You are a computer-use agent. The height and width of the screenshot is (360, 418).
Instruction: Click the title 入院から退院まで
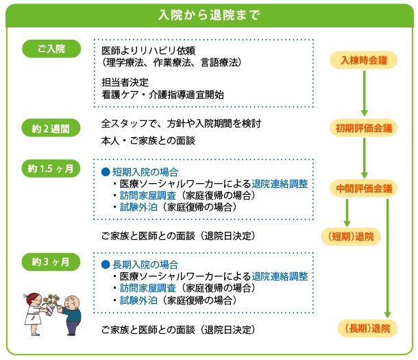[x=208, y=14]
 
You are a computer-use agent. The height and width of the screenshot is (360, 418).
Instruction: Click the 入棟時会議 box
[x=364, y=60]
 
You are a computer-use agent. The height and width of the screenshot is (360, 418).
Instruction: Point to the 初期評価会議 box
[x=364, y=128]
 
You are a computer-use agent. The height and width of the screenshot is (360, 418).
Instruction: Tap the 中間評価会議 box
[x=364, y=188]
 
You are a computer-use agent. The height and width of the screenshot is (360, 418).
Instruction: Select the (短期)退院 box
[x=347, y=237]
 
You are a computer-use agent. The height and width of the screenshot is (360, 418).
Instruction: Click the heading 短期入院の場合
[x=145, y=171]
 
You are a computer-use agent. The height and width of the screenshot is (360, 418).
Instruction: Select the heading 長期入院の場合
[x=145, y=264]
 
